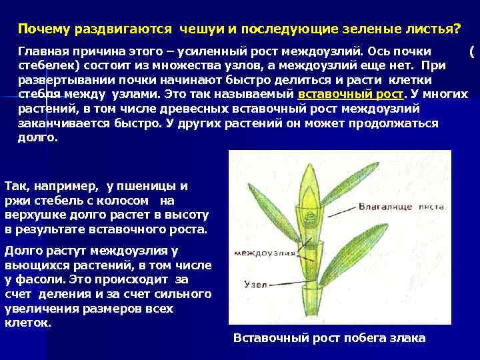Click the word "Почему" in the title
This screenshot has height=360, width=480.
(39, 31)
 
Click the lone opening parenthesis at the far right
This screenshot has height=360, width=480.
(472, 51)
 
